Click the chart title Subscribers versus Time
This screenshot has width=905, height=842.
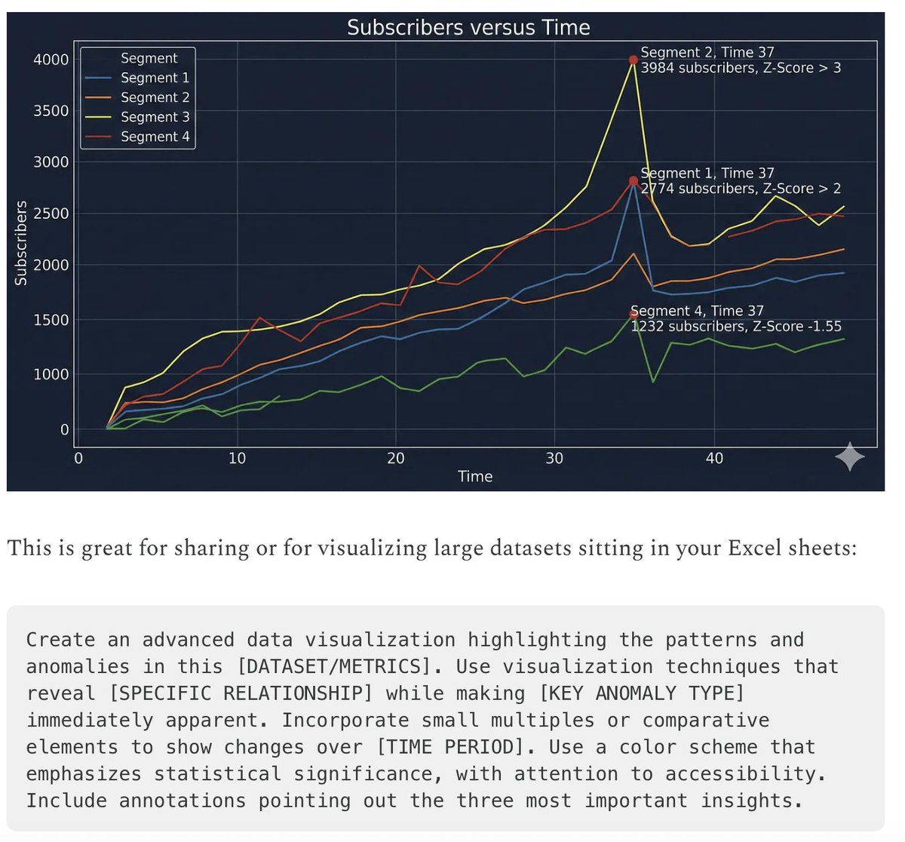468,28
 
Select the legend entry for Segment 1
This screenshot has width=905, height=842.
155,78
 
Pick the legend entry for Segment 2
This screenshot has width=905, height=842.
155,97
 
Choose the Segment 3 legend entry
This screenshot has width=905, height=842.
155,117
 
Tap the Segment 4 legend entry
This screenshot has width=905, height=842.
155,137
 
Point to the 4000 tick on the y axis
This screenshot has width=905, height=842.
51,60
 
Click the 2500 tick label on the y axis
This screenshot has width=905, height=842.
51,214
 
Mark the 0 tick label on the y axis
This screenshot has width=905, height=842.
64,429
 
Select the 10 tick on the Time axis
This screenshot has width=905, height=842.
237,458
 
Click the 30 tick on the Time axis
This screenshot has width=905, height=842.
554,458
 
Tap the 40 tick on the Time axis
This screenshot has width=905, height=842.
714,458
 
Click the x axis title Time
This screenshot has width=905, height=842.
475,477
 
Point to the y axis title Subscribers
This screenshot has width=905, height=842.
21,243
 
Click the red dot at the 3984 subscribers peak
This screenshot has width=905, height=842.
634,60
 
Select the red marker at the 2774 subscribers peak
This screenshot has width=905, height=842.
633,181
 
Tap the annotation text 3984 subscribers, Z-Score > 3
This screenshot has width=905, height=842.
741,68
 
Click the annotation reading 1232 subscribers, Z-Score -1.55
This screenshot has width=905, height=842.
736,327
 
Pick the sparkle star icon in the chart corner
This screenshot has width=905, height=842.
850,456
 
